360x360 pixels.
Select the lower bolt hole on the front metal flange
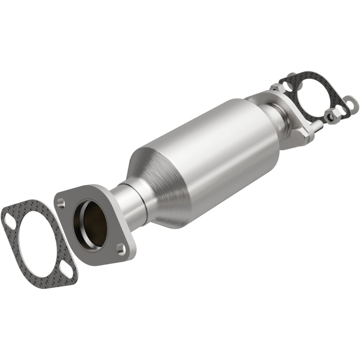click(120, 247)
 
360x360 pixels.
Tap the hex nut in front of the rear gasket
click(330, 117)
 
